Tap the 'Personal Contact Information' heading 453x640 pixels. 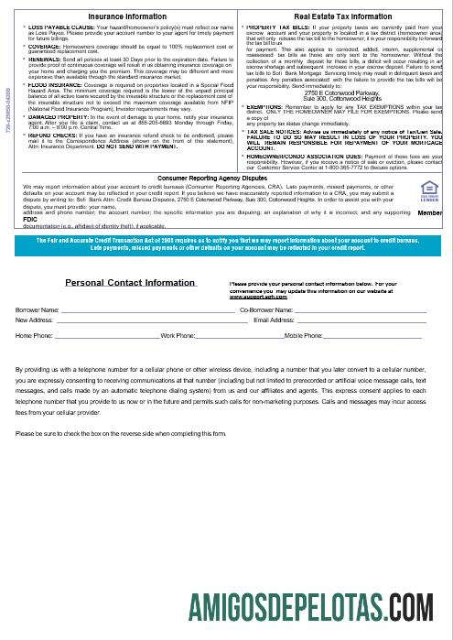[130, 283]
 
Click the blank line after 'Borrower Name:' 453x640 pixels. [146, 311]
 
